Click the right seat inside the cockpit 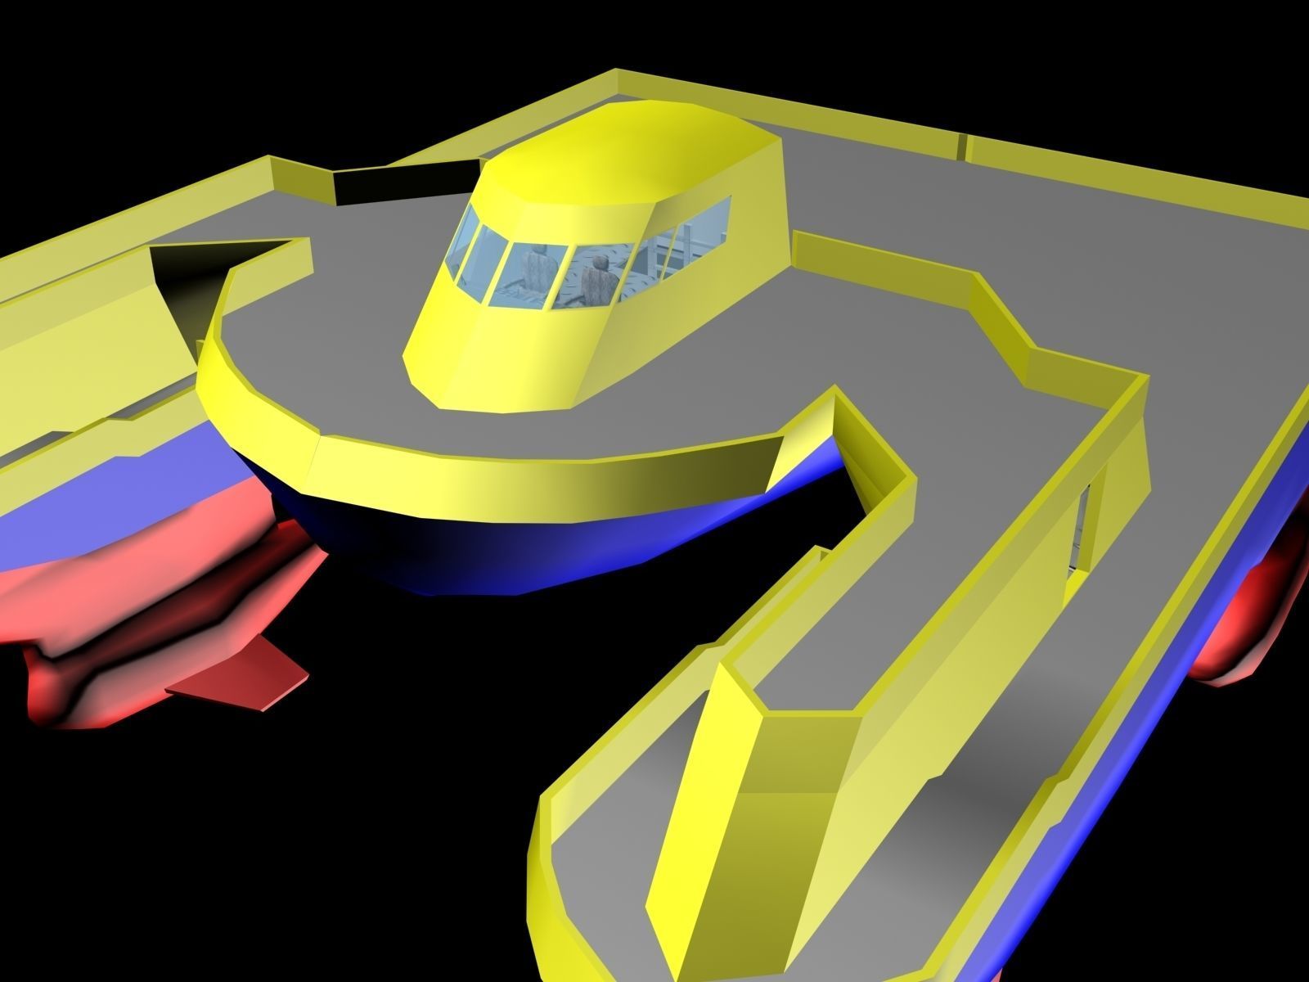[600, 281]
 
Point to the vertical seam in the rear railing [963, 146]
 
